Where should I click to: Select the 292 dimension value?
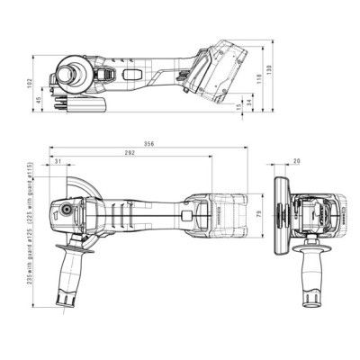(130, 155)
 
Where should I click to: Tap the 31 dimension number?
(58, 162)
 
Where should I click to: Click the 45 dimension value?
(40, 102)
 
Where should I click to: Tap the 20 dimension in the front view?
(297, 162)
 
